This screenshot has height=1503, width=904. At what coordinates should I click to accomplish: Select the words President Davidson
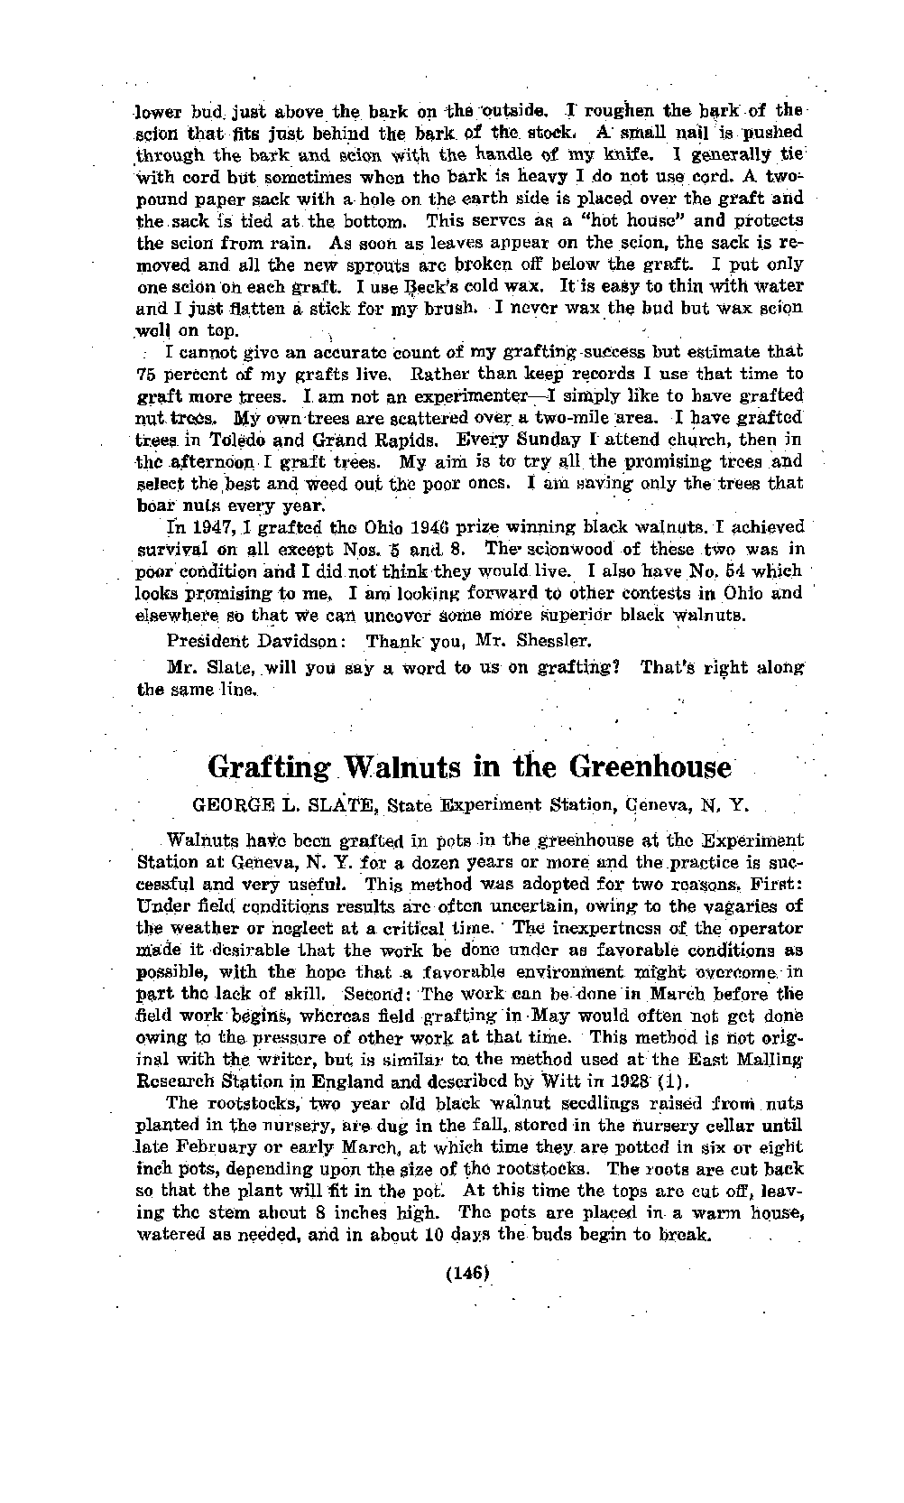(x=252, y=643)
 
